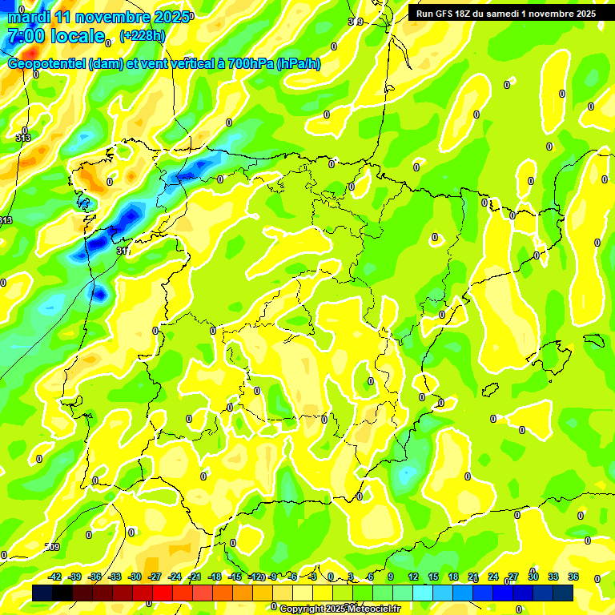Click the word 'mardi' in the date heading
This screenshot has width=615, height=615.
pyautogui.click(x=29, y=17)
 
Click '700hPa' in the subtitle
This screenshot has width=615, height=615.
pyautogui.click(x=251, y=64)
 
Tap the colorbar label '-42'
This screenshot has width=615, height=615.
pyautogui.click(x=55, y=577)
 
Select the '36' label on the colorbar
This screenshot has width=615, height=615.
pyautogui.click(x=573, y=577)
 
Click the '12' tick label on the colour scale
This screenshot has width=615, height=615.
pyautogui.click(x=413, y=577)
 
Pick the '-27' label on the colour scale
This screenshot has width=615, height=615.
pyautogui.click(x=155, y=577)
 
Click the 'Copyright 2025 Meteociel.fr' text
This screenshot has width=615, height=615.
pyautogui.click(x=340, y=609)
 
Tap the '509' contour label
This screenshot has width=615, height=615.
pyautogui.click(x=52, y=547)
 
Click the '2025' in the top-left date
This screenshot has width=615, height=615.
pyautogui.click(x=171, y=17)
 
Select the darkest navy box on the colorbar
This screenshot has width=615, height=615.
pyautogui.click(x=43, y=593)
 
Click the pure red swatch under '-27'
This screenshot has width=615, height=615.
pyautogui.click(x=163, y=593)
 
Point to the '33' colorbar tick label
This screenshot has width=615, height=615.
pyautogui.click(x=553, y=577)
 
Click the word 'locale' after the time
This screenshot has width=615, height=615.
pyautogui.click(x=78, y=37)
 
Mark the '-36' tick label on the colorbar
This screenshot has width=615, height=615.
pyautogui.click(x=95, y=577)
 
